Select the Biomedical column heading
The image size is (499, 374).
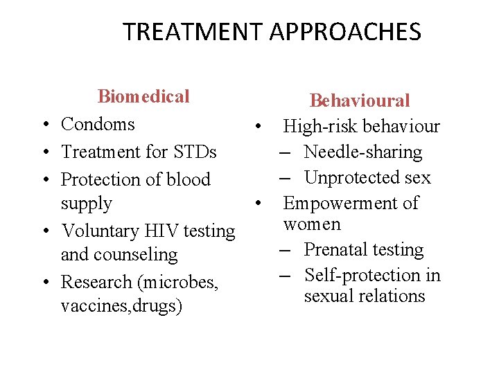143,96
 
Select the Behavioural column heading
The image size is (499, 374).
360,101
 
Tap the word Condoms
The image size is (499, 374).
98,124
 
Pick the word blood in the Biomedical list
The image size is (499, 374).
186,179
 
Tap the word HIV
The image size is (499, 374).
160,231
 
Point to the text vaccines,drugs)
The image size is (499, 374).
121,306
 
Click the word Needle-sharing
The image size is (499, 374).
362,152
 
